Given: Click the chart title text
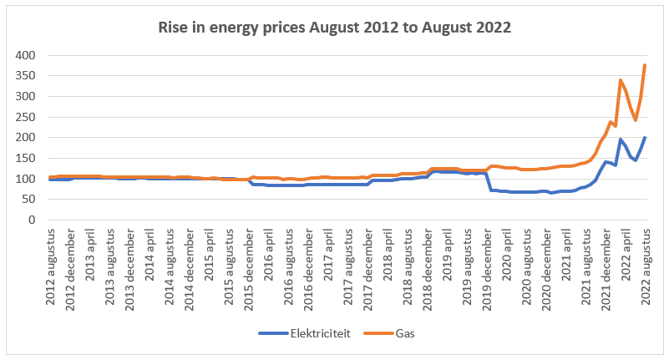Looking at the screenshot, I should (x=334, y=27).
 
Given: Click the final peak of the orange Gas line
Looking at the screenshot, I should (x=645, y=64).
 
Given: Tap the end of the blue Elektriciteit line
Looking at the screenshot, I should (x=645, y=138).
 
